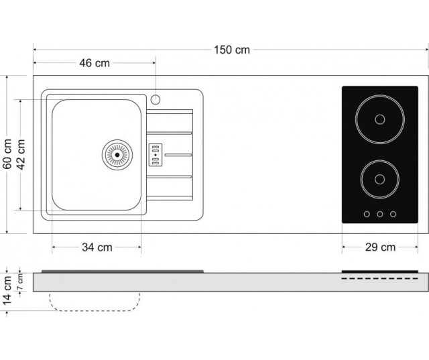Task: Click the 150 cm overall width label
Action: click(232, 50)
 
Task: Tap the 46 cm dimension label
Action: click(95, 63)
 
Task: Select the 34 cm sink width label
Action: click(97, 247)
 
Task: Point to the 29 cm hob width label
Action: click(380, 247)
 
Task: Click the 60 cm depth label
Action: click(7, 154)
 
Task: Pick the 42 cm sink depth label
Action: click(21, 155)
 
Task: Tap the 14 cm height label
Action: click(7, 290)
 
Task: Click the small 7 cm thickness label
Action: click(20, 282)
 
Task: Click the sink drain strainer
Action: click(117, 155)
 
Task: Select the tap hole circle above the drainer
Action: click(155, 100)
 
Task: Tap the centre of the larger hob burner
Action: click(380, 119)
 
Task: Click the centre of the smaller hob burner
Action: click(380, 180)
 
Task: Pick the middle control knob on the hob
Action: click(380, 215)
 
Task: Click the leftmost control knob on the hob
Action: click(367, 215)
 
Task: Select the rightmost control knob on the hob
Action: click(393, 215)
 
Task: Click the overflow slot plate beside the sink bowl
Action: click(155, 155)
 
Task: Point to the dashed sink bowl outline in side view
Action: click(95, 311)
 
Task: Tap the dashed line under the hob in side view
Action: click(380, 278)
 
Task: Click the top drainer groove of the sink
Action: click(169, 133)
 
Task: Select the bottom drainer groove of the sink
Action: click(169, 177)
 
